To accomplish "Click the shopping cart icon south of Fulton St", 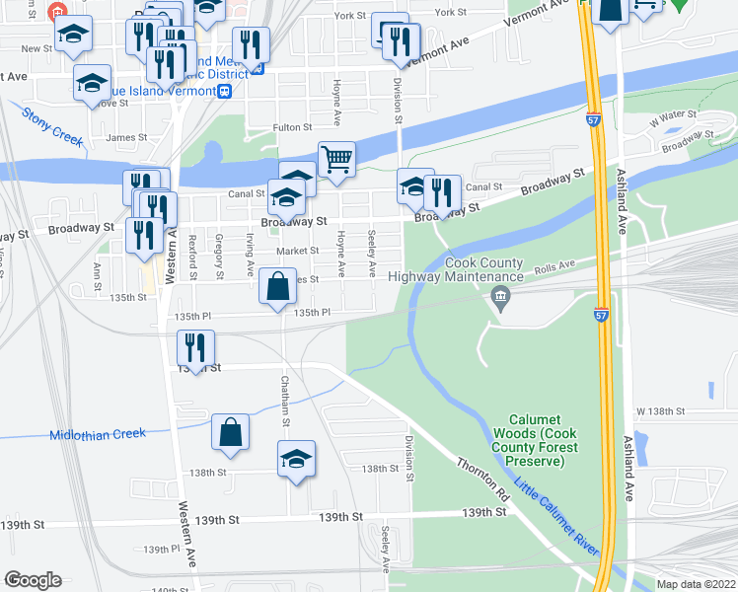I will tap(336, 158).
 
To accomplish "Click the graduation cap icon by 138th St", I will tap(296, 459).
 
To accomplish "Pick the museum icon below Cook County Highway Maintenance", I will tap(500, 298).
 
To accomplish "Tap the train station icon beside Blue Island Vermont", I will tap(225, 91).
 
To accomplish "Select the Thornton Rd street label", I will tap(482, 477).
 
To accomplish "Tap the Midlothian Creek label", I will tap(97, 434).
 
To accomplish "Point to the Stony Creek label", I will tap(53, 126).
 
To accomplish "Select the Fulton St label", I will tap(293, 127).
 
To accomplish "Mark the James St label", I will tap(125, 138).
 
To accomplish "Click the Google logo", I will tap(33, 580).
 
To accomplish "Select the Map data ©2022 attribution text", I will tap(696, 584).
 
